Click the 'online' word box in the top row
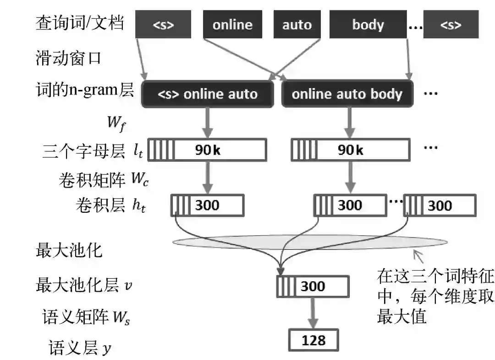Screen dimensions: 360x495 tap(232, 25)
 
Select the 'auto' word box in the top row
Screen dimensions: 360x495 tap(297, 25)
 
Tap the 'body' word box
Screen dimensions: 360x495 tap(368, 25)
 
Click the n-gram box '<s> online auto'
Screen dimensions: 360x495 tap(208, 94)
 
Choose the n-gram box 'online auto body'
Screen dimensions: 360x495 tap(347, 94)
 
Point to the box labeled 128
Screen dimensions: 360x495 tap(313, 340)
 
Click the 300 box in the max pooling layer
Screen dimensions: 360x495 tap(313, 287)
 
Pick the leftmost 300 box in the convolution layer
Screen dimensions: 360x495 tap(208, 205)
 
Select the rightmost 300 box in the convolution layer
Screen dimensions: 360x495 tap(440, 205)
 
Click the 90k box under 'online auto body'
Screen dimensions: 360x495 tap(350, 150)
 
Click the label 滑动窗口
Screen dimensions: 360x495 tap(68, 58)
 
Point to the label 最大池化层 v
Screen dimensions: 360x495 tap(84, 286)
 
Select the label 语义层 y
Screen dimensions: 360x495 tap(80, 349)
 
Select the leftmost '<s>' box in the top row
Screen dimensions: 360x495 tap(163, 25)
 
